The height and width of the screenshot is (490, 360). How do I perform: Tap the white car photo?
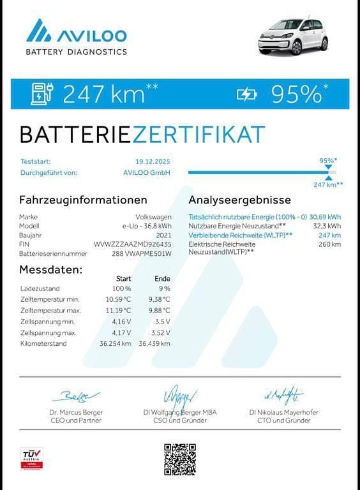tap(294, 36)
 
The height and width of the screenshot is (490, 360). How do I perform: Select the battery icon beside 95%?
tap(246, 94)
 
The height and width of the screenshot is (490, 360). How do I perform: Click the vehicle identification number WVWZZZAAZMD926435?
tap(132, 244)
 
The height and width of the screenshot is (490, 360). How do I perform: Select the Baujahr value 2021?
tap(163, 235)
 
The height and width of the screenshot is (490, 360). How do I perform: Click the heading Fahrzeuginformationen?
tap(79, 200)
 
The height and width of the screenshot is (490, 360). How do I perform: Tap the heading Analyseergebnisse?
tap(240, 200)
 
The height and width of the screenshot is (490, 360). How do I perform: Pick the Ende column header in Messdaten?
tap(162, 278)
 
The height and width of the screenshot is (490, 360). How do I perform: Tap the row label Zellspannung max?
tap(49, 332)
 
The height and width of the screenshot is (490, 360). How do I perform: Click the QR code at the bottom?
tap(180, 459)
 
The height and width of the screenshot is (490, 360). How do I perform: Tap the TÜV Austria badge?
tap(31, 458)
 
